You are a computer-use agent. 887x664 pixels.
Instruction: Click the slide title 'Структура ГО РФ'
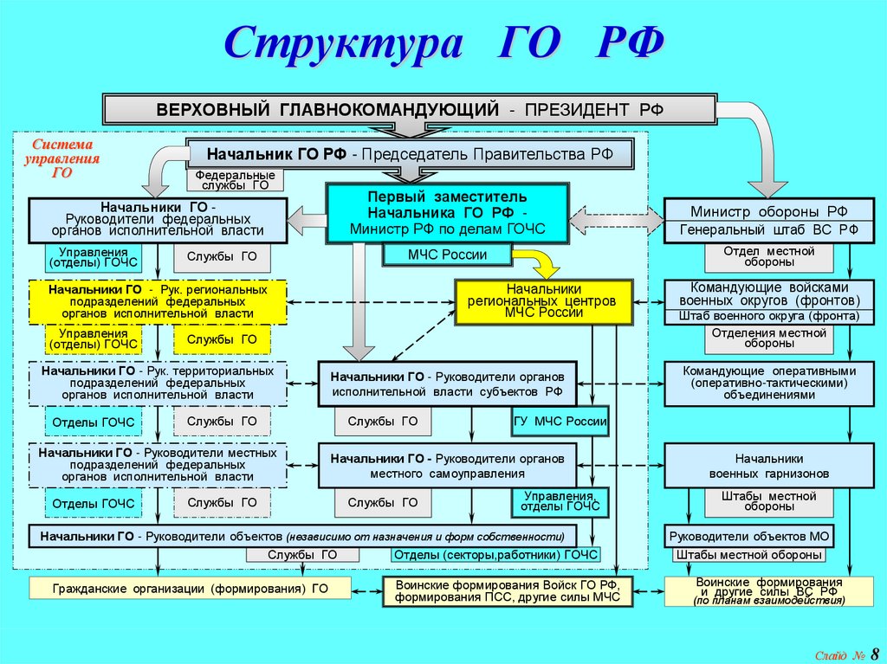tap(444, 43)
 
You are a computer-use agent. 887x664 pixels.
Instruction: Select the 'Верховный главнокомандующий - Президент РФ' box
tap(410, 110)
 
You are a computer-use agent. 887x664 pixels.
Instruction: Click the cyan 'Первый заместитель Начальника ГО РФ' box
tap(448, 213)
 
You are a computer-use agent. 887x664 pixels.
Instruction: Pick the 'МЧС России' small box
tap(447, 255)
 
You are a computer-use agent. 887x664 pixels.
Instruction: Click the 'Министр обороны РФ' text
tap(769, 211)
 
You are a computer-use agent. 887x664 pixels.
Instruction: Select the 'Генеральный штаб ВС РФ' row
tap(769, 230)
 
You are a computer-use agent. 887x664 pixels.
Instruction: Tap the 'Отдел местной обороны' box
tap(769, 256)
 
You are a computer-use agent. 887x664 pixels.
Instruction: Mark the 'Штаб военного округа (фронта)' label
tap(769, 317)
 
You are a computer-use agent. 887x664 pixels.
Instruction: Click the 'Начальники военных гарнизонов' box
tap(769, 466)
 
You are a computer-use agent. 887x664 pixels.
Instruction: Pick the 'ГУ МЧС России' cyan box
tap(560, 422)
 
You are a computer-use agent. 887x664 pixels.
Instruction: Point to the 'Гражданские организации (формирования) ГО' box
tap(190, 589)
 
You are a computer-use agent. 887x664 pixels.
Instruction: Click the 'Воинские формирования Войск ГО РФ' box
tap(508, 590)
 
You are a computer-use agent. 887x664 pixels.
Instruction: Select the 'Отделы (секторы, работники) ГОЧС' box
tap(495, 555)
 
